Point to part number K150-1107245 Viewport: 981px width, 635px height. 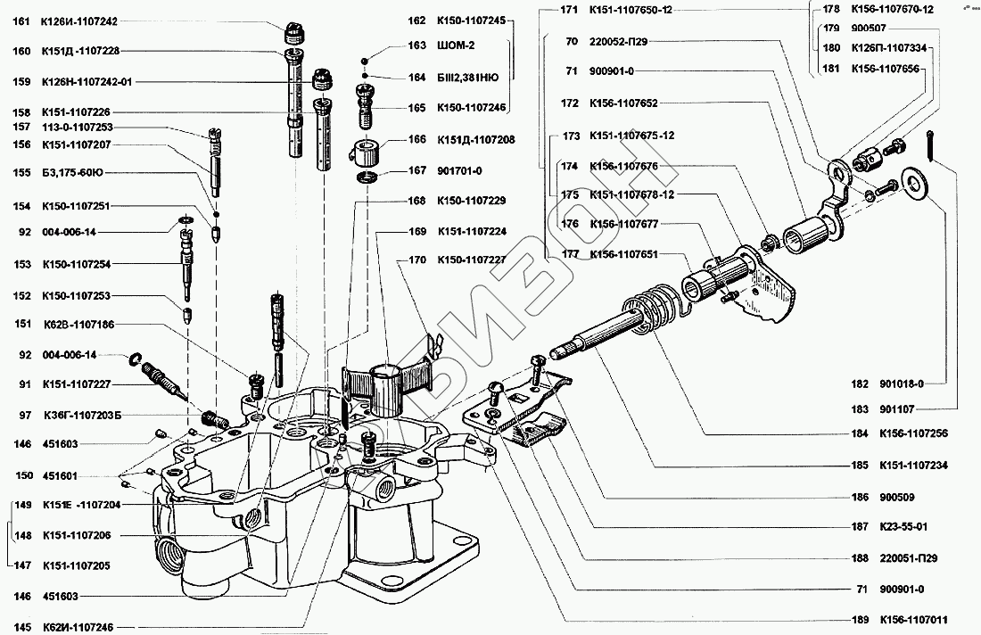click(x=470, y=20)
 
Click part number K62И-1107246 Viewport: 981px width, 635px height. click(x=77, y=627)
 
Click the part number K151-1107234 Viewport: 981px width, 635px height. click(x=911, y=465)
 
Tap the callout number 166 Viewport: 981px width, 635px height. click(x=416, y=140)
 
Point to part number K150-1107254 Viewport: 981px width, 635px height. click(x=76, y=264)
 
